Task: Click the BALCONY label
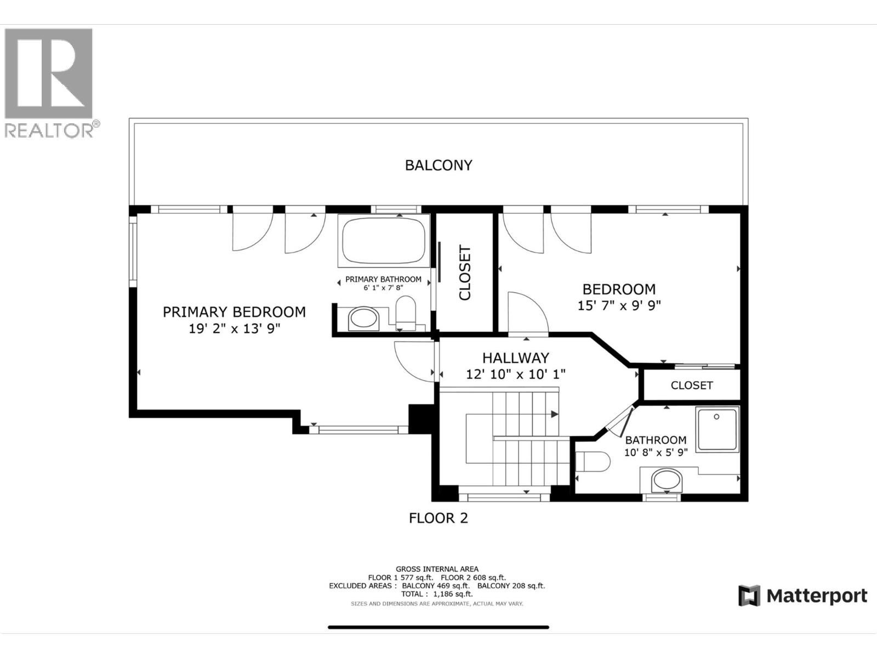pos(438,165)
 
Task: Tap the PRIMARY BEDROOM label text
pos(234,312)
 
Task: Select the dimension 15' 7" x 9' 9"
pos(619,305)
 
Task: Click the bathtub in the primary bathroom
pos(384,241)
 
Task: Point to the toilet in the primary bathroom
pos(406,313)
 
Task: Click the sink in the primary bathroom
pos(363,319)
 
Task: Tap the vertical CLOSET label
pos(465,273)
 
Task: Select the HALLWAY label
pos(515,358)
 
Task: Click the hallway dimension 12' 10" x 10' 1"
pos(515,374)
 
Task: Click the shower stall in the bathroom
pos(717,429)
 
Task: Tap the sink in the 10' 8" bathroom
pos(667,481)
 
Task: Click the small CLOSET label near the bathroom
pos(692,385)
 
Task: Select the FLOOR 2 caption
pos(438,518)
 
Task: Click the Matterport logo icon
pos(749,595)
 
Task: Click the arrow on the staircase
pos(555,414)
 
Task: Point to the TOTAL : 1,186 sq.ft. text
pos(437,594)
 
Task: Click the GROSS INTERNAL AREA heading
pos(437,569)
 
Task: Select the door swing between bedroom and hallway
pos(526,313)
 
